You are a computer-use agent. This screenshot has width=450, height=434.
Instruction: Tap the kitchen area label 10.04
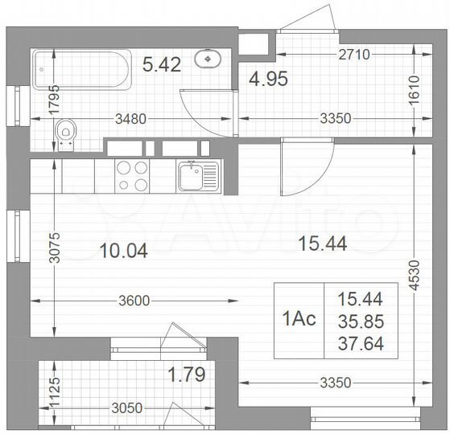coord(125,251)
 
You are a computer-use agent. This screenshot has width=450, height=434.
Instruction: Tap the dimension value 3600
coord(134,301)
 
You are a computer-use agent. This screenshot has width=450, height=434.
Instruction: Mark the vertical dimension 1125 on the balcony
coord(54,395)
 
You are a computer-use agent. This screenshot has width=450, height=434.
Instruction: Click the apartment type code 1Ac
coord(299,319)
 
